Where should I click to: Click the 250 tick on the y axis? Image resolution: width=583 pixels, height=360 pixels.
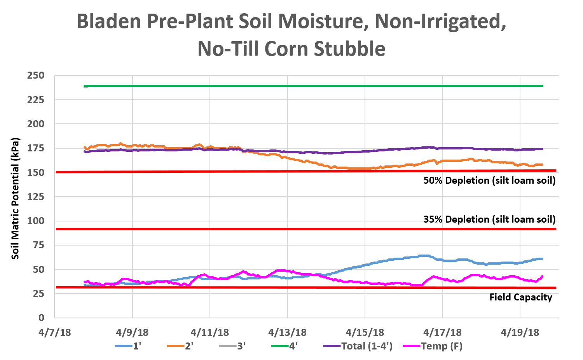click(x=36, y=76)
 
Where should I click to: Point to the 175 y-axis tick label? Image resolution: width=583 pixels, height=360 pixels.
click(x=36, y=148)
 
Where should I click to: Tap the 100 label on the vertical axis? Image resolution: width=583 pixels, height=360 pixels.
click(x=36, y=221)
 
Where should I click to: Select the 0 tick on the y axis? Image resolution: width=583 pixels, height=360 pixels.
click(x=41, y=318)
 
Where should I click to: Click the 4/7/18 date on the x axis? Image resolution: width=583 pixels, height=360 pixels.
click(x=55, y=332)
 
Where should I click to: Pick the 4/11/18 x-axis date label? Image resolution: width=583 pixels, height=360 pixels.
click(x=210, y=332)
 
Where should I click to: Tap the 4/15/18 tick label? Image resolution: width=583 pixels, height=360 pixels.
click(x=365, y=332)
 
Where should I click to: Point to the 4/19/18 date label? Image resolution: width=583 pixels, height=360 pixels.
click(x=520, y=332)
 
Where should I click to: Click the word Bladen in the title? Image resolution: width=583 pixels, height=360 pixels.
click(x=109, y=21)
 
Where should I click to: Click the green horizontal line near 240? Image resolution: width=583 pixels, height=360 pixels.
click(x=311, y=86)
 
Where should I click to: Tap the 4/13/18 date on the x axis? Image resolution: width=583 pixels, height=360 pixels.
click(x=287, y=332)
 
